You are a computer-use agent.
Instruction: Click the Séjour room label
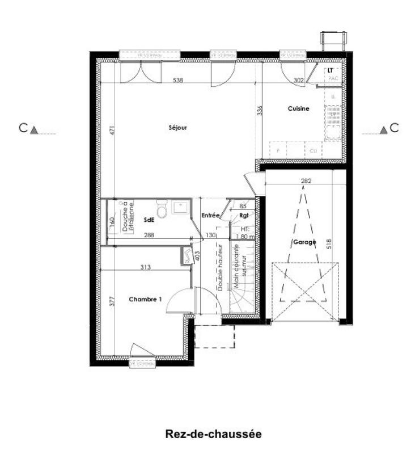click(x=177, y=128)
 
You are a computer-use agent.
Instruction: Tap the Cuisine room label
click(x=298, y=108)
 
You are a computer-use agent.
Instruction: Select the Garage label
click(x=304, y=242)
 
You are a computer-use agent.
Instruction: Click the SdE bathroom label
click(x=149, y=220)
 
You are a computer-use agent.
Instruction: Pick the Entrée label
click(x=210, y=216)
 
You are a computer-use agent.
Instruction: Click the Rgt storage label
click(x=244, y=216)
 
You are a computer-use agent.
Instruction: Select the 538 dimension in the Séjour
click(x=178, y=81)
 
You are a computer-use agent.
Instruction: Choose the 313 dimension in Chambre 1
click(x=146, y=267)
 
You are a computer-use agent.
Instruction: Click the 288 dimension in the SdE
click(x=149, y=234)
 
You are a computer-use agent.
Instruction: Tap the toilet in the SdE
click(x=162, y=211)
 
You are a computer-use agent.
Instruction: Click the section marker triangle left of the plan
click(x=34, y=130)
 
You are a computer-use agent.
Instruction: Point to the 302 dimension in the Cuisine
click(x=299, y=81)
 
